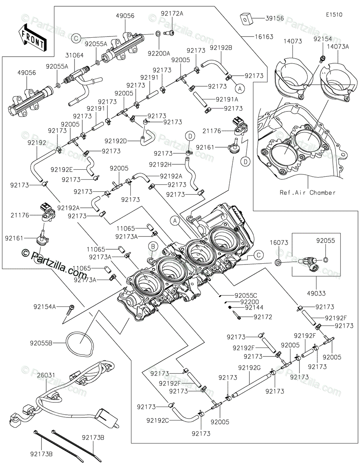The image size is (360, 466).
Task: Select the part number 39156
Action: [275, 18]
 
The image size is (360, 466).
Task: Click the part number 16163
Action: [264, 37]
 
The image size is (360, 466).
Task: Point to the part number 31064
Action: [74, 56]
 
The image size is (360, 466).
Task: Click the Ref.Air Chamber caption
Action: [308, 193]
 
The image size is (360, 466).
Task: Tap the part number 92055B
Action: [40, 343]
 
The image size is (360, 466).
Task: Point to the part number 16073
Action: [279, 243]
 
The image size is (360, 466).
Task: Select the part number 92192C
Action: [157, 420]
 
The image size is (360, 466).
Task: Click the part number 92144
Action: [254, 308]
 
